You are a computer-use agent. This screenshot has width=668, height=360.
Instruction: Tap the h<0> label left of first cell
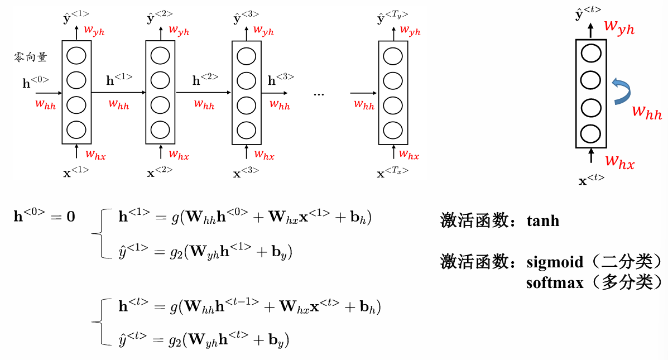(x=35, y=83)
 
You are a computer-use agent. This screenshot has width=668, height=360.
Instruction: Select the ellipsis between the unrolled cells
(x=319, y=94)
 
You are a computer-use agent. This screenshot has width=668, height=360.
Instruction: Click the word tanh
(x=542, y=221)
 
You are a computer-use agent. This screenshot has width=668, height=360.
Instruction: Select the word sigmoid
(x=555, y=262)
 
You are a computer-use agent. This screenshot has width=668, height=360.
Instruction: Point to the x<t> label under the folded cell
(x=591, y=180)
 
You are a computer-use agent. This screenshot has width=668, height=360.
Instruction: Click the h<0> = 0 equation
(x=44, y=215)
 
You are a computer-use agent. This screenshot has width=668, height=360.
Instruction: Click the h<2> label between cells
(x=205, y=80)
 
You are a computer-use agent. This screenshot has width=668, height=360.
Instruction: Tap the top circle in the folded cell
(x=590, y=54)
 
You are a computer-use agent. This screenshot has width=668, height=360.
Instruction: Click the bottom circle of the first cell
(x=76, y=129)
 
